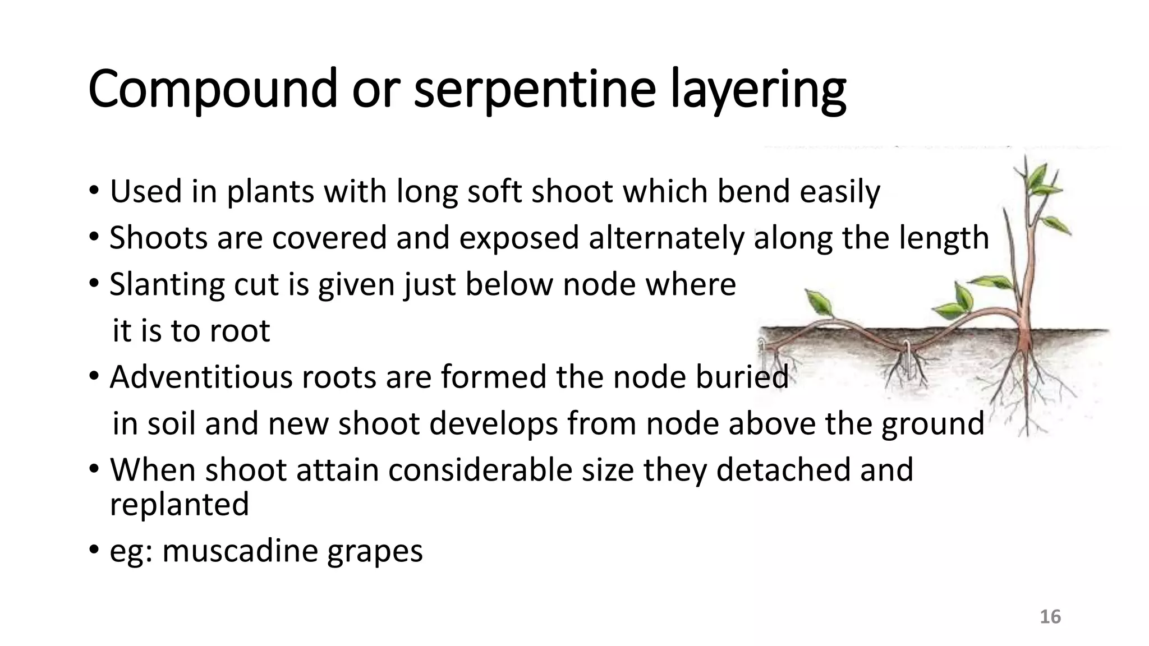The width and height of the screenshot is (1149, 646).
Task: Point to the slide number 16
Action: click(1050, 617)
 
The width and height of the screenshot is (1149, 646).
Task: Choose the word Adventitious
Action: click(201, 377)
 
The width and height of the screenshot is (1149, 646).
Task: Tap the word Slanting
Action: click(167, 284)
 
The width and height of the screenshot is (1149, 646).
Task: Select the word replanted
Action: click(179, 505)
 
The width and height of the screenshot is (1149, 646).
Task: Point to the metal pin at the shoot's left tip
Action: click(763, 351)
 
